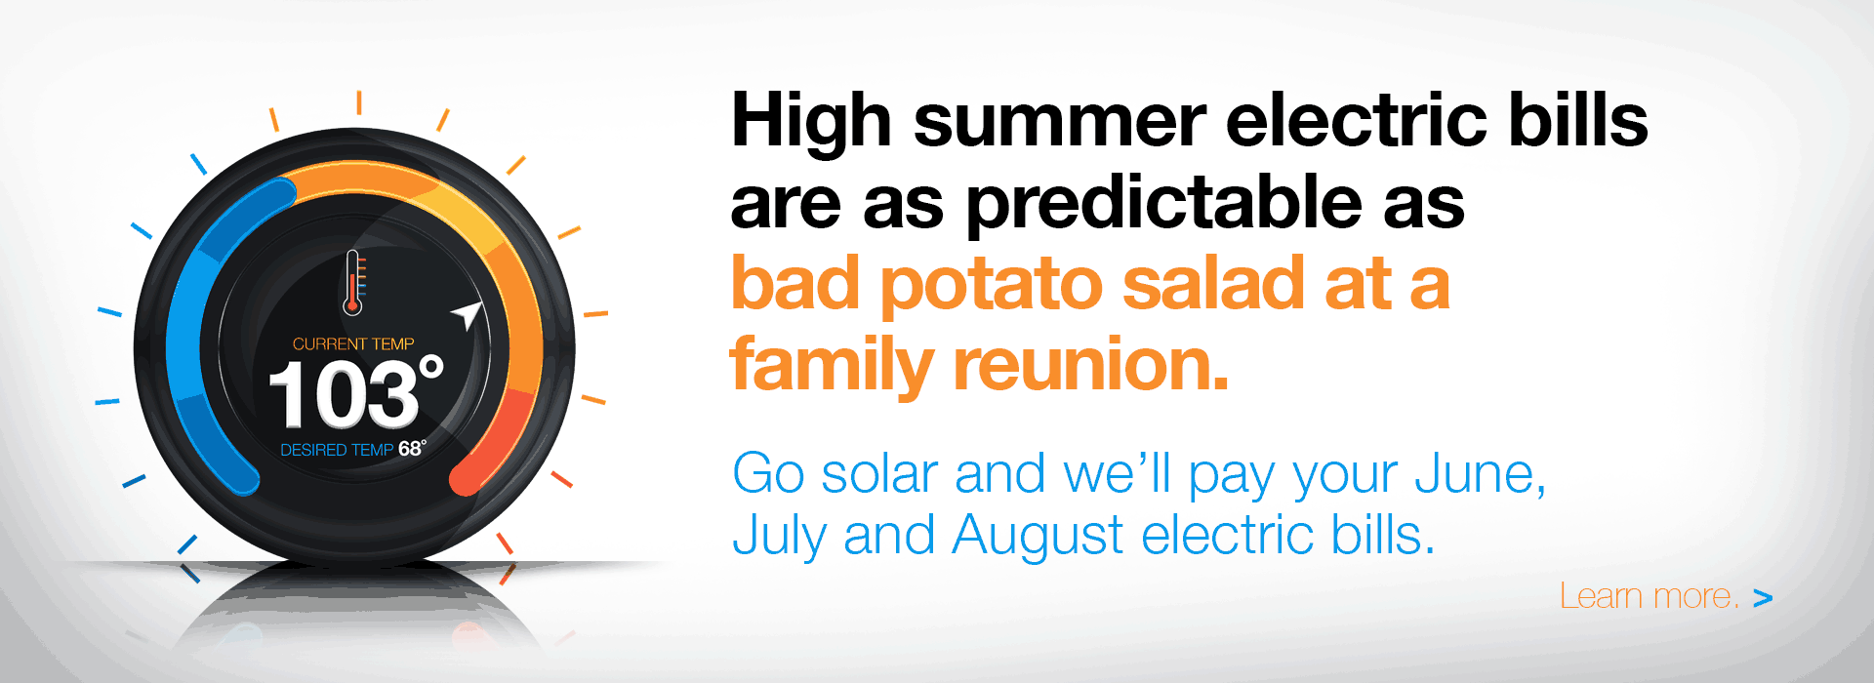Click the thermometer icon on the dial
pos(353,283)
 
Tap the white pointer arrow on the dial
pos(468,314)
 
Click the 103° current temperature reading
pos(355,392)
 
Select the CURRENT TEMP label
pos(353,343)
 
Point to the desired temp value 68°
pos(412,448)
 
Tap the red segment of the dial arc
pos(503,439)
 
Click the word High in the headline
pos(811,121)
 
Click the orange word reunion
pos(1090,364)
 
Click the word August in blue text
pos(1038,537)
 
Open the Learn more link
pos(1650,596)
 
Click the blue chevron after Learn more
pos(1763,598)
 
